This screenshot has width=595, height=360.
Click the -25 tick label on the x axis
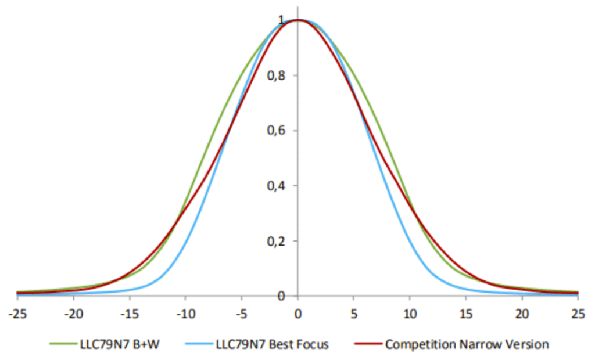click(x=17, y=314)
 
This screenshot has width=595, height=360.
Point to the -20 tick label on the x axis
click(x=73, y=314)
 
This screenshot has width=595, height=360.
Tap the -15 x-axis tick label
click(x=129, y=314)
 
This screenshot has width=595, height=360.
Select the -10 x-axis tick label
click(x=185, y=314)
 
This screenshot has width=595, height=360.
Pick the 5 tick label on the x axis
click(x=354, y=314)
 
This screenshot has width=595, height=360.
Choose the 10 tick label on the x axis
click(x=410, y=314)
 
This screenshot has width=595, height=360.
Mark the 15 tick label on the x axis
click(x=466, y=314)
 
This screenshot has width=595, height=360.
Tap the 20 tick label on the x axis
click(x=522, y=314)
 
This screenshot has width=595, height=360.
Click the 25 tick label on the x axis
click(x=578, y=314)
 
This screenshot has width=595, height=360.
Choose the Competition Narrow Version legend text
click(x=467, y=344)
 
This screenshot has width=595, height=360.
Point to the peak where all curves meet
click(x=297, y=20)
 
